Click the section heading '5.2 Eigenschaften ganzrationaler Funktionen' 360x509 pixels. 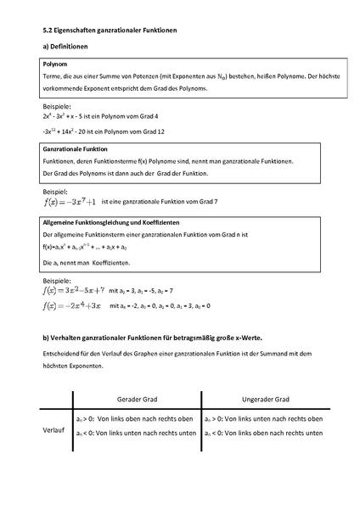tap(110, 29)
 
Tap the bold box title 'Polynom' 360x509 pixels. tap(55, 64)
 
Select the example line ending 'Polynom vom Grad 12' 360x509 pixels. tap(101, 132)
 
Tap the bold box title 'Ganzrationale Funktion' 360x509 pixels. tap(75, 148)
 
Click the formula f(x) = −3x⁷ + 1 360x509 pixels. tap(67, 202)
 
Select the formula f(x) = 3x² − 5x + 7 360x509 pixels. tap(73, 290)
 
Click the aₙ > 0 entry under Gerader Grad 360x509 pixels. tap(136, 419)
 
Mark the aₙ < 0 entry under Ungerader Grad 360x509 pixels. tap(262, 433)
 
